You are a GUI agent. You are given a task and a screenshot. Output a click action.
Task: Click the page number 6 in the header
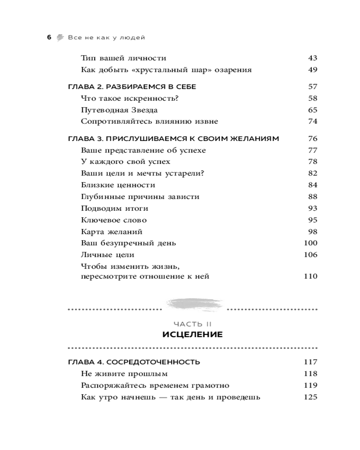click(x=49, y=37)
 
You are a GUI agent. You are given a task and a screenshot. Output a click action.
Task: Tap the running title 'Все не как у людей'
click(x=106, y=37)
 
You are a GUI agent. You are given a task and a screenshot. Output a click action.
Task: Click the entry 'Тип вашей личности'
click(x=124, y=58)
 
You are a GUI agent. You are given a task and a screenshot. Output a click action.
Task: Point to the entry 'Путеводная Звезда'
click(x=119, y=110)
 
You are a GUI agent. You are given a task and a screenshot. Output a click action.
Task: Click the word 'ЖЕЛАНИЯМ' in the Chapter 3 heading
click(x=255, y=139)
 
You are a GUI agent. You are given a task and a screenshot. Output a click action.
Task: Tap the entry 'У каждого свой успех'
click(x=126, y=162)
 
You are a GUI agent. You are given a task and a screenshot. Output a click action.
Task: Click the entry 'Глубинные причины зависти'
click(x=140, y=197)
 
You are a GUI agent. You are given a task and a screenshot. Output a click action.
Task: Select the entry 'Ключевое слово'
click(x=114, y=220)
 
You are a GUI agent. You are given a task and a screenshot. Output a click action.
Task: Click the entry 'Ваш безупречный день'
click(x=128, y=243)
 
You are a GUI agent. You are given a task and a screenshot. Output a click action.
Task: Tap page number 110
click(x=310, y=276)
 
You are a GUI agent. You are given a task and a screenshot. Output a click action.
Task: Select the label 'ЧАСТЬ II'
click(x=193, y=324)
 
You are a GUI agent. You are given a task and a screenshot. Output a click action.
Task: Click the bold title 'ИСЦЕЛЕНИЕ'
click(x=192, y=335)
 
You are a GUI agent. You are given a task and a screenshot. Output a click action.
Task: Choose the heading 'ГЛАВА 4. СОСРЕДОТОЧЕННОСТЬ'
click(x=134, y=362)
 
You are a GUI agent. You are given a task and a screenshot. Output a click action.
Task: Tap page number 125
click(x=310, y=397)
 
